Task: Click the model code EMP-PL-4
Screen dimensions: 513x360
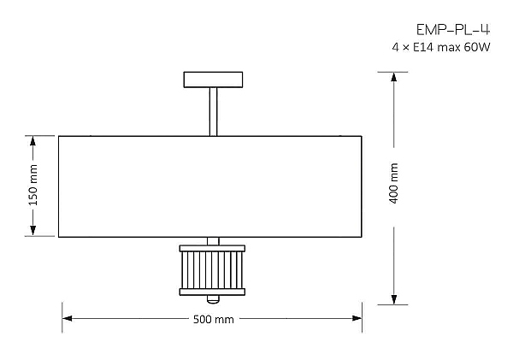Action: pos(453,30)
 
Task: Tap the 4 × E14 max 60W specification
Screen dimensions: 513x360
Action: pos(441,47)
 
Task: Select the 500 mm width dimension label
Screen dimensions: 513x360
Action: pos(213,319)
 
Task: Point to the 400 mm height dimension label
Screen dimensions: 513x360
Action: pos(394,183)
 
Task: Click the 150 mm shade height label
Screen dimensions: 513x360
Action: pos(33,186)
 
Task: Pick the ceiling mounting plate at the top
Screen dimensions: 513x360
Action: pos(213,80)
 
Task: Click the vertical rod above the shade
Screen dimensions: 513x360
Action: pos(213,112)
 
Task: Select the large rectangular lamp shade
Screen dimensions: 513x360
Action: pos(210,186)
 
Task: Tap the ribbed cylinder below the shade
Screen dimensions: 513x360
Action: pos(212,270)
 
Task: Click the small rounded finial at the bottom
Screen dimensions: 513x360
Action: pos(213,299)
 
